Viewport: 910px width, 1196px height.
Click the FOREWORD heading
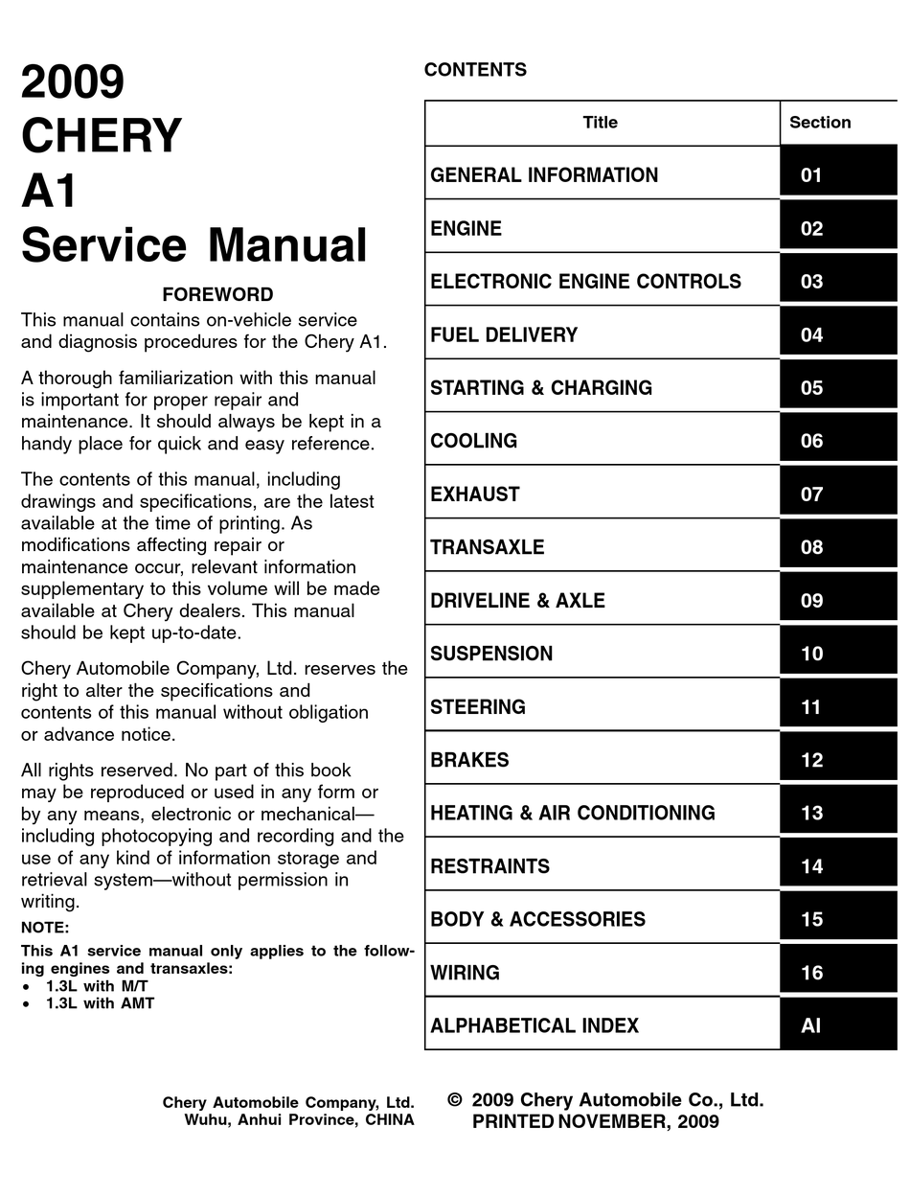click(217, 294)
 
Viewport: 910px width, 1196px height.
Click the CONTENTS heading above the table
click(475, 70)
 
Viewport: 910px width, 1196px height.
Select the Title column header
click(601, 123)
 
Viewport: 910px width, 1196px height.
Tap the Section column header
click(820, 123)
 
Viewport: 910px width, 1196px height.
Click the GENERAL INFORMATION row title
click(544, 175)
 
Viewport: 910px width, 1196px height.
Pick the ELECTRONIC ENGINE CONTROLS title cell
click(585, 282)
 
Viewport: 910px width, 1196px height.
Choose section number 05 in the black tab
click(811, 388)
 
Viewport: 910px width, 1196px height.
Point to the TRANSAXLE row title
click(487, 547)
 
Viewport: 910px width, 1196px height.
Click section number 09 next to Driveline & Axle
click(811, 601)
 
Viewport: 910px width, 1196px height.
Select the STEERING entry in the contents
click(478, 707)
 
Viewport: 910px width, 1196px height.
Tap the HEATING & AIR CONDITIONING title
click(572, 814)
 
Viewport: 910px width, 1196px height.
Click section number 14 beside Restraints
click(811, 866)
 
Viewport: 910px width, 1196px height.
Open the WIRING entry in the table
click(465, 973)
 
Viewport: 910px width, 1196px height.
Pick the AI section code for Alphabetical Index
click(811, 1025)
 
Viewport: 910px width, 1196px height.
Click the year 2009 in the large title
click(73, 82)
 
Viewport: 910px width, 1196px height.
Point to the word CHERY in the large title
click(102, 136)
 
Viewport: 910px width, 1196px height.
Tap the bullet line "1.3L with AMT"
click(100, 1003)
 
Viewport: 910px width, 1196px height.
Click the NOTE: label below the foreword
click(45, 928)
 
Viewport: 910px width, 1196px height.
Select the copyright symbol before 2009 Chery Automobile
click(455, 1100)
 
